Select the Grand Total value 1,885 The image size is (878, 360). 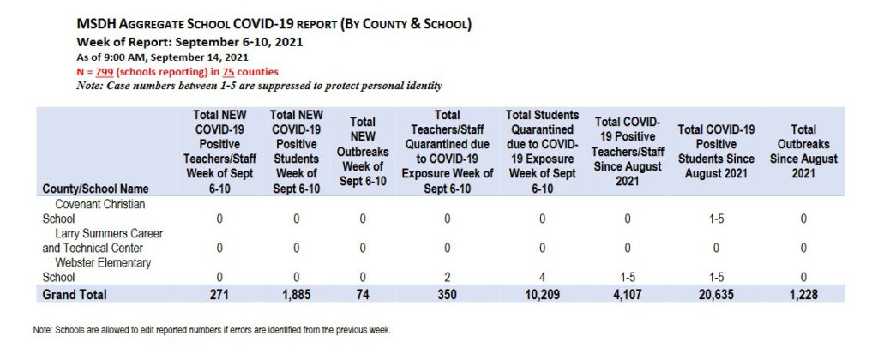tap(294, 294)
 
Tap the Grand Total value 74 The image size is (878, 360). tap(363, 294)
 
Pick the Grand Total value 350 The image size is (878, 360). tap(447, 294)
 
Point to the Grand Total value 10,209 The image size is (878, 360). tap(542, 294)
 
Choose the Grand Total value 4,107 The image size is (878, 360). tap(627, 294)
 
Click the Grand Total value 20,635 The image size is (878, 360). tap(716, 294)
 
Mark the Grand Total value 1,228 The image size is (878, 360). tap(803, 294)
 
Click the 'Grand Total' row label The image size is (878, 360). tap(75, 294)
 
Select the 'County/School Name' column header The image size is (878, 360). tap(95, 188)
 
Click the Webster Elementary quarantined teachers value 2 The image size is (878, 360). tap(447, 277)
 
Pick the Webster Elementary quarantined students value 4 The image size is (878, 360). tap(542, 277)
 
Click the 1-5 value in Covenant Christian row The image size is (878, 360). tap(716, 219)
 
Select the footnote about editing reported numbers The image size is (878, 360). tap(213, 329)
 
